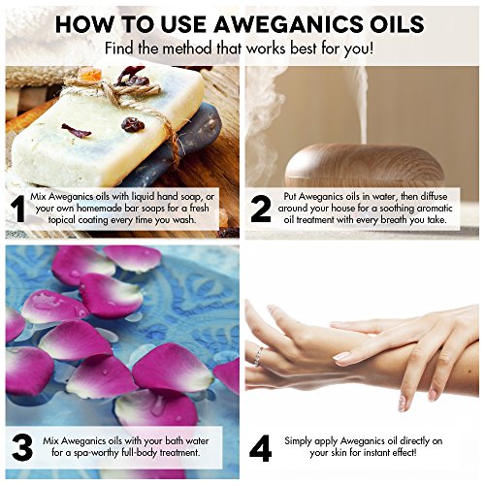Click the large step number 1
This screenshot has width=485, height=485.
18,209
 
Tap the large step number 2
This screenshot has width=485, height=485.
261,209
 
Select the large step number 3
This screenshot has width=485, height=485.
22,448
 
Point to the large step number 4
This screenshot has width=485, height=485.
261,448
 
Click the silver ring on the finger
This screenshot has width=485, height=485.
258,356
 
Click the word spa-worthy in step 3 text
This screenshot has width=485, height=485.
96,453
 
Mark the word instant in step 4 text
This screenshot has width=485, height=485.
377,452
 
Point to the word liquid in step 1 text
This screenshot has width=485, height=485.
143,197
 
